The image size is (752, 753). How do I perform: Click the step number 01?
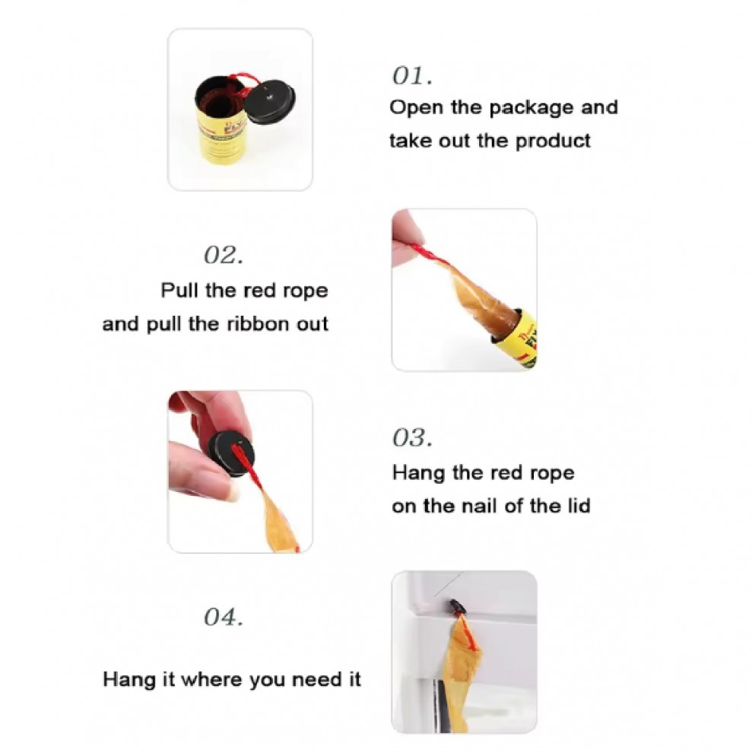(x=412, y=76)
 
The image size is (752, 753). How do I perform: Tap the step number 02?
(x=224, y=255)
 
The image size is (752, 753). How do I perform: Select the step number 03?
(x=412, y=437)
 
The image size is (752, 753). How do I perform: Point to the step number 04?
(x=224, y=617)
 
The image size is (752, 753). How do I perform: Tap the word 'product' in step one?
(x=553, y=141)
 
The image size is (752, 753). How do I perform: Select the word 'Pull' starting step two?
(x=179, y=291)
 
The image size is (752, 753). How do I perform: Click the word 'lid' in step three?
(x=579, y=506)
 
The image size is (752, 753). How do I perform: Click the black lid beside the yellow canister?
(x=271, y=102)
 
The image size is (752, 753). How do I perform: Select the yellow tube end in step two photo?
(x=516, y=338)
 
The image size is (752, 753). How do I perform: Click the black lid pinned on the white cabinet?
(x=456, y=607)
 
